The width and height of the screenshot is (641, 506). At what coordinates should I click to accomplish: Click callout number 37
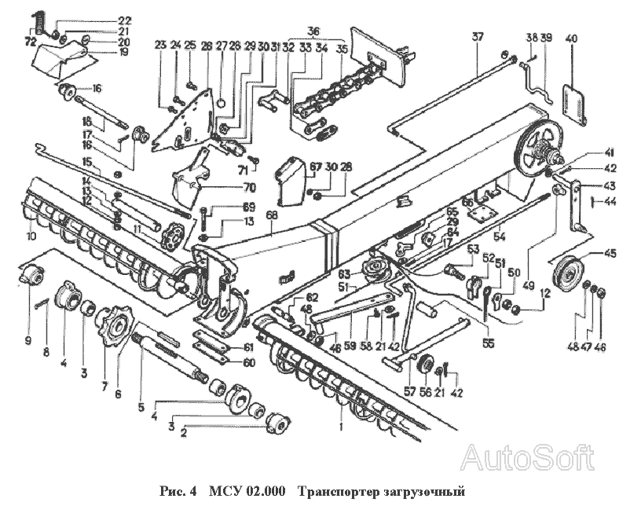click(476, 37)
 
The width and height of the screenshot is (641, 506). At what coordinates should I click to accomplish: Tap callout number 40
click(571, 38)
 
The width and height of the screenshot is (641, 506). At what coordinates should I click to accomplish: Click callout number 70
click(250, 188)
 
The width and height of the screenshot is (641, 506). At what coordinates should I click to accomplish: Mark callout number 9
click(27, 340)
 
